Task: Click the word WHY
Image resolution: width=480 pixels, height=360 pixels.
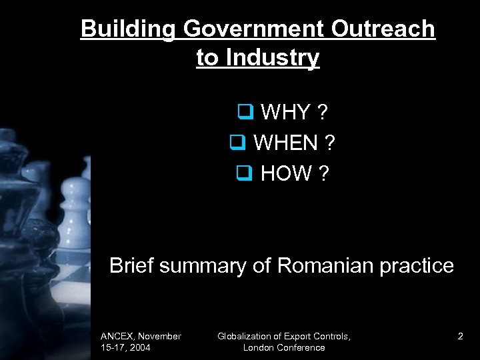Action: pyautogui.click(x=287, y=113)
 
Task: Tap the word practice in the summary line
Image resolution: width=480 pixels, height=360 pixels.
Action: pyautogui.click(x=418, y=265)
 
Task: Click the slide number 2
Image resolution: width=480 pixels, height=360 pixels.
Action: pyautogui.click(x=460, y=337)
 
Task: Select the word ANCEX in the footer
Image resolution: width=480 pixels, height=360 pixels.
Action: pyautogui.click(x=118, y=337)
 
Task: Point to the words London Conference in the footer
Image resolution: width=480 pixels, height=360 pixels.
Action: pyautogui.click(x=284, y=347)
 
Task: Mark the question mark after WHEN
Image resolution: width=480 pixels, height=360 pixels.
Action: pyautogui.click(x=330, y=143)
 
